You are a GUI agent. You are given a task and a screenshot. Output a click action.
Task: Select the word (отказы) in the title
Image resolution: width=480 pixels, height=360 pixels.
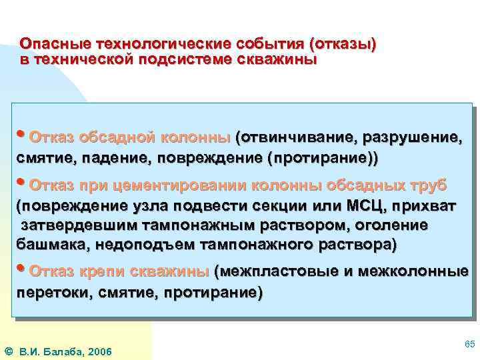click(x=342, y=44)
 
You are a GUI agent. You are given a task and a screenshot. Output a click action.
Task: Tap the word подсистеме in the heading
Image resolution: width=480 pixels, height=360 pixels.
click(x=183, y=59)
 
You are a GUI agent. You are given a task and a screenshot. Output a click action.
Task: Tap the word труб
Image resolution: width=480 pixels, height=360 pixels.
click(x=428, y=185)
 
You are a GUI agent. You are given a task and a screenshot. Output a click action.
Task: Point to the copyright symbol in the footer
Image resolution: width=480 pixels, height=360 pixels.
click(x=8, y=351)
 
